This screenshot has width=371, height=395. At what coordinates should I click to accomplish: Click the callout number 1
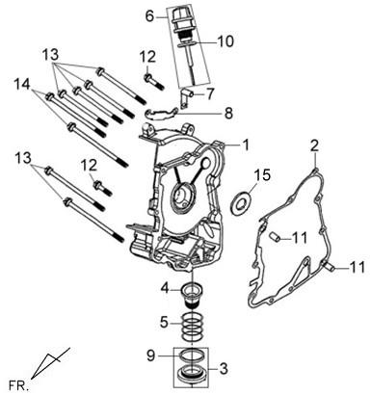[x=246, y=145]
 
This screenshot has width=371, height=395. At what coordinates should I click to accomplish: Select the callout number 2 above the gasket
[x=314, y=146]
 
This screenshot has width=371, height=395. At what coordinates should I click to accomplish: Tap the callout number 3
[x=224, y=368]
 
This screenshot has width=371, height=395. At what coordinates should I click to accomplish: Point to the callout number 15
[x=262, y=175]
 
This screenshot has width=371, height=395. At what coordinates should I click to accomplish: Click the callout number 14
[x=22, y=85]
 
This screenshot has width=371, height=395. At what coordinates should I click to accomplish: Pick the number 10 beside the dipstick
[x=225, y=41]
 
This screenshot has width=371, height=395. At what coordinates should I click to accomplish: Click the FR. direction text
[x=17, y=384]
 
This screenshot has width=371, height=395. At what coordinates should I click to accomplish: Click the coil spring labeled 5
[x=192, y=327]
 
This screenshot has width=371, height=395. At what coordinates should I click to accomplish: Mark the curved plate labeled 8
[x=161, y=113]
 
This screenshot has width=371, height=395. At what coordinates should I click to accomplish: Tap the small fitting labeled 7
[x=185, y=97]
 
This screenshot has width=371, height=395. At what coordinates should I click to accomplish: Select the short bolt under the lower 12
[x=102, y=188]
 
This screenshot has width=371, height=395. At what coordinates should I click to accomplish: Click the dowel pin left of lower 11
[x=330, y=266]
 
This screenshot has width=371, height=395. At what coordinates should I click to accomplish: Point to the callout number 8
[x=228, y=114]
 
